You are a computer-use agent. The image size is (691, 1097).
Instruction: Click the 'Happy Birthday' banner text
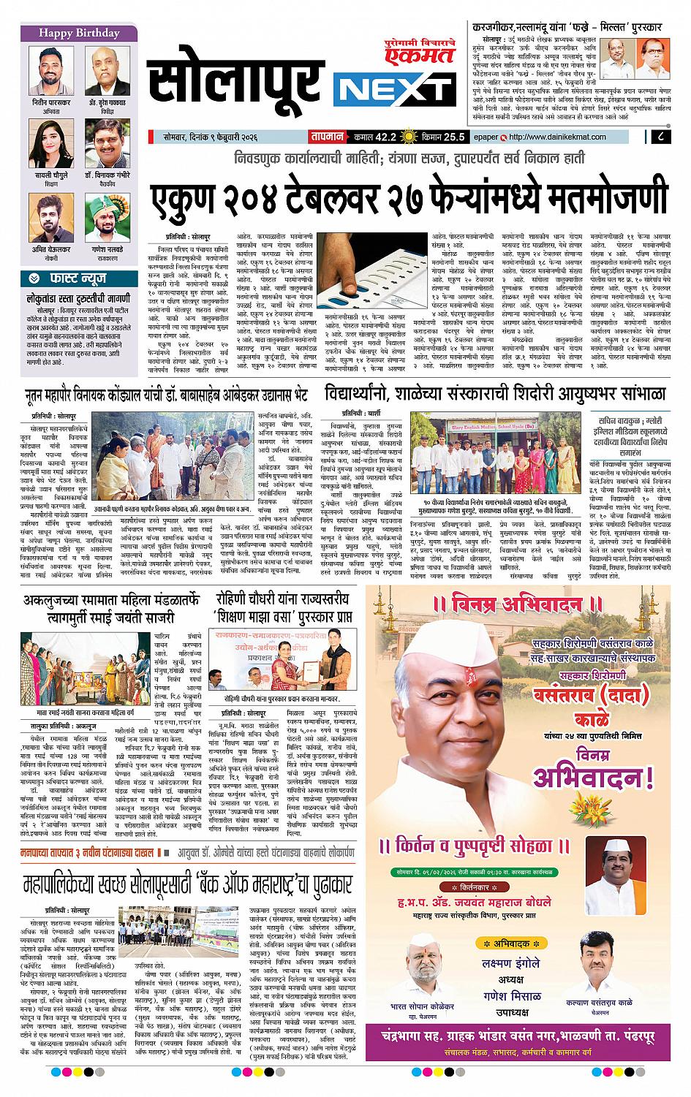click(x=79, y=33)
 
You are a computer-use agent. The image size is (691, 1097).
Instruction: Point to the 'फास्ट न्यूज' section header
click(x=79, y=278)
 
